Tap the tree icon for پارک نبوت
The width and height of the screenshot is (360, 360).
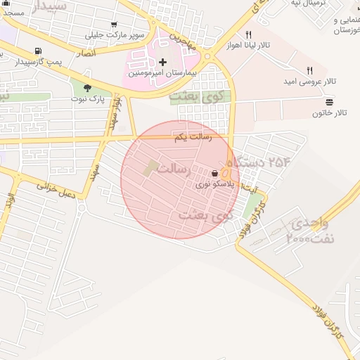click(x=87, y=88)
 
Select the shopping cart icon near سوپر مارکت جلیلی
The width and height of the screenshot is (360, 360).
click(x=114, y=23)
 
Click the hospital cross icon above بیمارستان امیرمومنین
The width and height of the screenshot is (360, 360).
click(x=163, y=62)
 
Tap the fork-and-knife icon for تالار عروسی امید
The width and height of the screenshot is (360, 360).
click(x=309, y=70)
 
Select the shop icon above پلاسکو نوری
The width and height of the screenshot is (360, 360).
click(x=214, y=174)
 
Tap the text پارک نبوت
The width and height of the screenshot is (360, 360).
click(x=87, y=99)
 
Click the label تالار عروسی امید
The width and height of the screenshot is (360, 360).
click(x=310, y=81)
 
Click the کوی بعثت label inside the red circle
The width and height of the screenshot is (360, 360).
click(x=205, y=214)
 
